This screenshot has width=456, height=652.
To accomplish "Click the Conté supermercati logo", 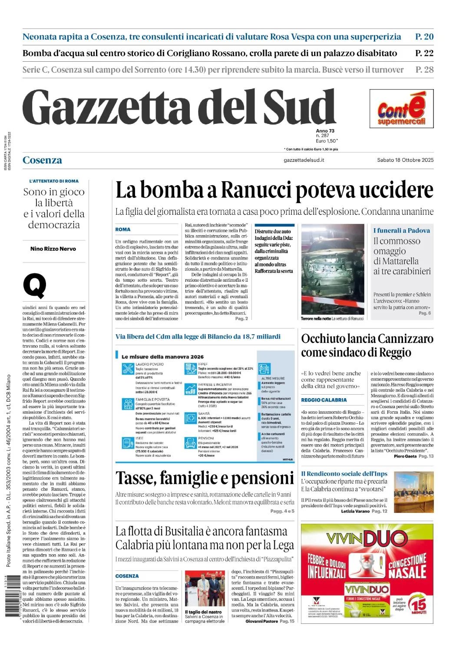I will [x=401, y=109].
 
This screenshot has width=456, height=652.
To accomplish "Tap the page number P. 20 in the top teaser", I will [x=424, y=37].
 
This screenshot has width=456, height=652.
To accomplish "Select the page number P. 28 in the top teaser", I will [x=424, y=70].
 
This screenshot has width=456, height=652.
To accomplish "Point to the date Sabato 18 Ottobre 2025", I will [x=405, y=160].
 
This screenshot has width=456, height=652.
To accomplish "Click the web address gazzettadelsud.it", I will [x=304, y=160].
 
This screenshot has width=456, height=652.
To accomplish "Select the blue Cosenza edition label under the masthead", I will [x=42, y=160].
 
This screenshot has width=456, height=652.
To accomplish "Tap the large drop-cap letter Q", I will [x=34, y=286].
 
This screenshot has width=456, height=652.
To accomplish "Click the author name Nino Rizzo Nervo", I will [x=53, y=249].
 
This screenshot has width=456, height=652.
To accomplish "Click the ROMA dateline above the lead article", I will [x=123, y=230].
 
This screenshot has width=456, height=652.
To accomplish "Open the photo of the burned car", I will [x=333, y=269].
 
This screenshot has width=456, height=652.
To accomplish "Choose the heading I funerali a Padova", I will [x=402, y=231].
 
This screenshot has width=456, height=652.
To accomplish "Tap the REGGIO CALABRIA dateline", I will [x=324, y=400].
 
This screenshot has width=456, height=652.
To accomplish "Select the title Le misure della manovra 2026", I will [x=162, y=357].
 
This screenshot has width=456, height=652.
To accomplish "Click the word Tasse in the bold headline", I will [x=136, y=478].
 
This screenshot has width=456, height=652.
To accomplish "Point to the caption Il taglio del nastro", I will [x=203, y=612].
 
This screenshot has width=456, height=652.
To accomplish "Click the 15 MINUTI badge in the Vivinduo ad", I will [x=419, y=606].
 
